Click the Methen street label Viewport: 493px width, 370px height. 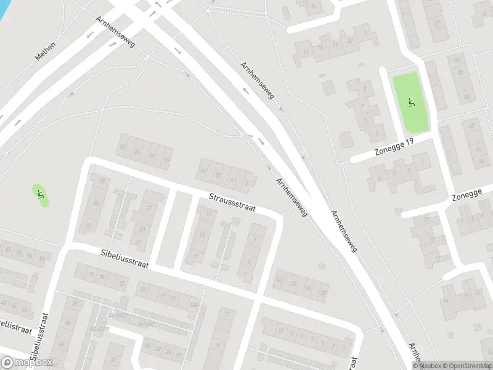click(x=45, y=51)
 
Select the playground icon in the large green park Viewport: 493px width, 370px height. click(x=412, y=102)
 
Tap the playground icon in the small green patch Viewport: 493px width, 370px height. click(x=41, y=195)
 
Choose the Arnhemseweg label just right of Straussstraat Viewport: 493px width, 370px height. click(x=291, y=199)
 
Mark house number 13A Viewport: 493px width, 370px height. click(x=194, y=304)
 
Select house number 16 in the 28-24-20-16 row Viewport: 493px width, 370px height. click(x=166, y=160)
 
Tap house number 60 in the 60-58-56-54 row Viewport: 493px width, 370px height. click(x=9, y=250)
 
